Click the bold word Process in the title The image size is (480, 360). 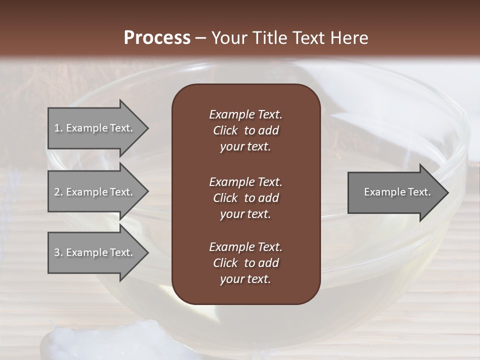point(157,37)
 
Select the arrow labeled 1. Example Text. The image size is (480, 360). point(95,128)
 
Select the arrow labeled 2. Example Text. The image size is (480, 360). point(95,192)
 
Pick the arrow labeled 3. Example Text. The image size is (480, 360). point(95,252)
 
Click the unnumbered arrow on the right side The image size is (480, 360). point(395,192)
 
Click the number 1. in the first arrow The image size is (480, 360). point(58,128)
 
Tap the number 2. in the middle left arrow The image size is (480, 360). point(58,192)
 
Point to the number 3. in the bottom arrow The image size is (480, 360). point(58,252)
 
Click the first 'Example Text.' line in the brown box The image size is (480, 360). point(245,114)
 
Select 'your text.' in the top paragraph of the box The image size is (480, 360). point(245,146)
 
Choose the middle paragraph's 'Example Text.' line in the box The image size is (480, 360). point(245,181)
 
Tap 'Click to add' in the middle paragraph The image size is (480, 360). point(245,198)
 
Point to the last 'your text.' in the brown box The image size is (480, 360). point(245,279)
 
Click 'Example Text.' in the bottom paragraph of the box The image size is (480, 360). point(245,247)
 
